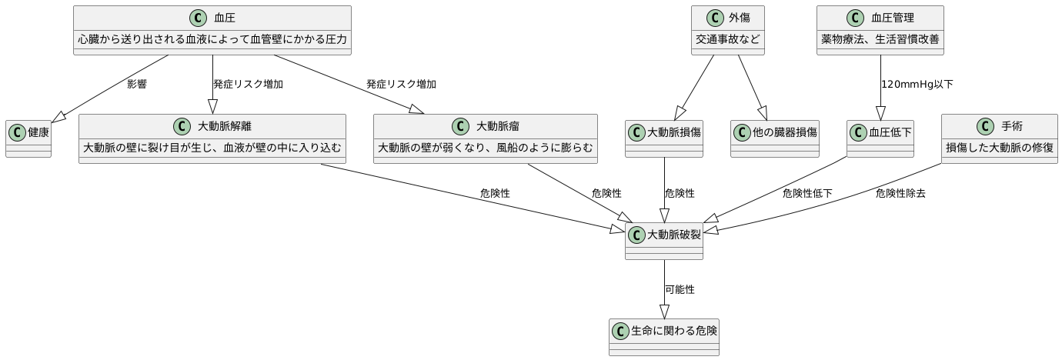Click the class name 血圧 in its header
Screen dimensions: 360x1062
(225, 17)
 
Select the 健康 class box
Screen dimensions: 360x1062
(28, 139)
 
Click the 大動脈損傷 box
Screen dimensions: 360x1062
(663, 139)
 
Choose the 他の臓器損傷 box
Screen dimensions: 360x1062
(774, 139)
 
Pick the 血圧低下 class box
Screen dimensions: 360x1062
(880, 139)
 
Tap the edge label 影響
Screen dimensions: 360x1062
(137, 84)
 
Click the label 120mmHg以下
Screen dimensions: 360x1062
(917, 84)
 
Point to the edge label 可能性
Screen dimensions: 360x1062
(680, 289)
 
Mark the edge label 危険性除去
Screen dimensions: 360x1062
(900, 193)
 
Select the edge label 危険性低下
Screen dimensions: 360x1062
(807, 193)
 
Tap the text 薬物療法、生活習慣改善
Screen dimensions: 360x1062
(880, 40)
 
